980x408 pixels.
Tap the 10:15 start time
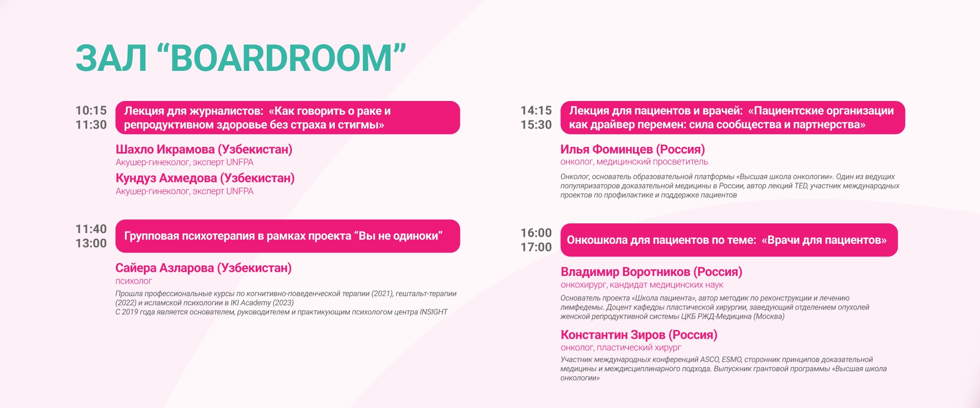point(91,110)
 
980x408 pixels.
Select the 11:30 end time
point(91,124)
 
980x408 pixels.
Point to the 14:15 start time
point(536,110)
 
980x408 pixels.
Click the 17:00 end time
point(536,247)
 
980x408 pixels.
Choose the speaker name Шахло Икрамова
point(165,149)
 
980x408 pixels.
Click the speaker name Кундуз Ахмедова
point(166,178)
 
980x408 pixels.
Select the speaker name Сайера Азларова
point(164,268)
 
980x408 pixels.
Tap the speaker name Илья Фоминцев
point(606,149)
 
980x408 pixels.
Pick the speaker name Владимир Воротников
point(625,272)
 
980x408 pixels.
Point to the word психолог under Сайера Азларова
point(134,281)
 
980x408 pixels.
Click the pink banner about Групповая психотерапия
point(288,236)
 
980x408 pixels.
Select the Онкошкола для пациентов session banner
point(729,240)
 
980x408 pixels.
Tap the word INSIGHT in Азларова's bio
point(433,312)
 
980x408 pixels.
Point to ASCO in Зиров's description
point(709,360)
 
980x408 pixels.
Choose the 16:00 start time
point(536,233)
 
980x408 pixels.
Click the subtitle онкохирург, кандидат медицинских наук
point(642,285)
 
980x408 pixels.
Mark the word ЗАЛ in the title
point(111,58)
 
